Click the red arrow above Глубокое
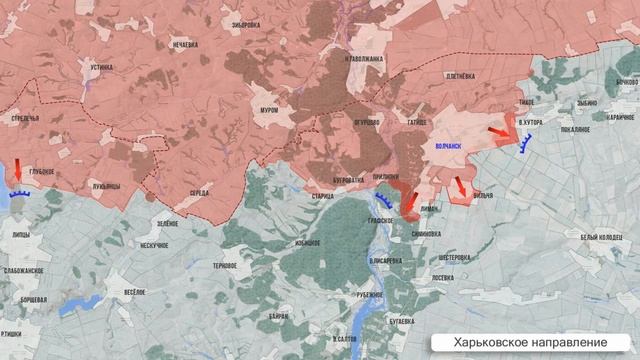pos(19,169)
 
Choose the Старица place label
pos(322,196)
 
